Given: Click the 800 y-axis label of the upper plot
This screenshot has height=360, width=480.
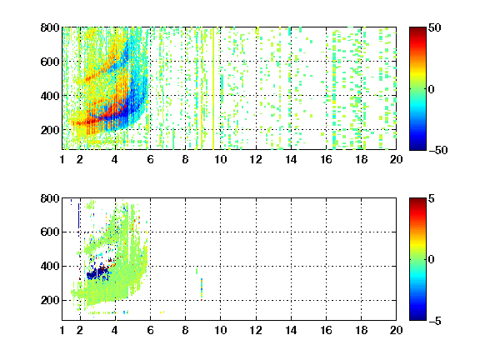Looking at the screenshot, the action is (50, 27).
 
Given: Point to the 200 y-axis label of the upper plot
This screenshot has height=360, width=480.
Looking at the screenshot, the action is (50, 130).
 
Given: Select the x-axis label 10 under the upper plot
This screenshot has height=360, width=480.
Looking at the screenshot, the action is (220, 159).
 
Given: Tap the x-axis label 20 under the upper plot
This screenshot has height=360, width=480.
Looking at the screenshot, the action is (396, 159).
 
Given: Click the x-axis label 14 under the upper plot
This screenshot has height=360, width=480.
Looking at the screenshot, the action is (291, 159).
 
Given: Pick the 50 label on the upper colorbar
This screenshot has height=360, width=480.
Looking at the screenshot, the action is (435, 27).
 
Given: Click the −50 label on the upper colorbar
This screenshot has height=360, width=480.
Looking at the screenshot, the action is (438, 150).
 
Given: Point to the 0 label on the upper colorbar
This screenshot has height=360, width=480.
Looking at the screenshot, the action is (432, 89).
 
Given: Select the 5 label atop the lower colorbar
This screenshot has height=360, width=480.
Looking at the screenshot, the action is (432, 198).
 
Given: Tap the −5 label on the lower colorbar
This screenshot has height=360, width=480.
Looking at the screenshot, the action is (435, 321).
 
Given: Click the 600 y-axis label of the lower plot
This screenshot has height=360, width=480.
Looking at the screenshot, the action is (50, 232).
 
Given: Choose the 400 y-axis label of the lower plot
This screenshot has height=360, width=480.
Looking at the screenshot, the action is (50, 267).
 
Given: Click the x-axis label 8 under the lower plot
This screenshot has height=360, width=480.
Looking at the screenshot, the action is (185, 330).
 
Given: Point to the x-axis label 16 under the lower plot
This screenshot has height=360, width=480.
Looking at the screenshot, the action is (326, 330).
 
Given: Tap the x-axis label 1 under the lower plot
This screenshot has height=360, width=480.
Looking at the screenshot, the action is (62, 330).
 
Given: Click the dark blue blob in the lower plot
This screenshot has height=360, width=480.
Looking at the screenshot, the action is (97, 273).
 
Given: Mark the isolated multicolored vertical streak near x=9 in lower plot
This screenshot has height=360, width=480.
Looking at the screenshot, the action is (202, 288).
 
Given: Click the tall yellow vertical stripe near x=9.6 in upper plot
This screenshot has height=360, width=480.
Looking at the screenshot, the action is (213, 88).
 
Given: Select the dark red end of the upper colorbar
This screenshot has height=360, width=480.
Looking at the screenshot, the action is (417, 30).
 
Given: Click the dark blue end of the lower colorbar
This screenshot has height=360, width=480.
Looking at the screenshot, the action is (417, 317).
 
